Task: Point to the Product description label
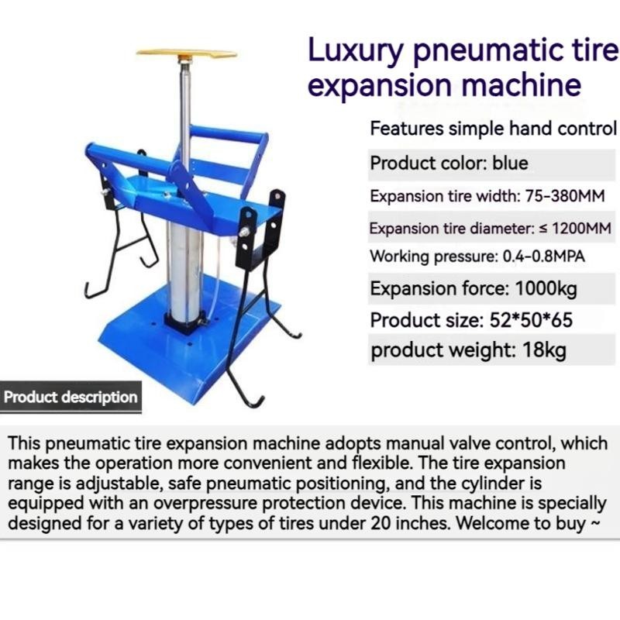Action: [71, 398]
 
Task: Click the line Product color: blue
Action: [449, 164]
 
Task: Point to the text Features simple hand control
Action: [493, 129]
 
